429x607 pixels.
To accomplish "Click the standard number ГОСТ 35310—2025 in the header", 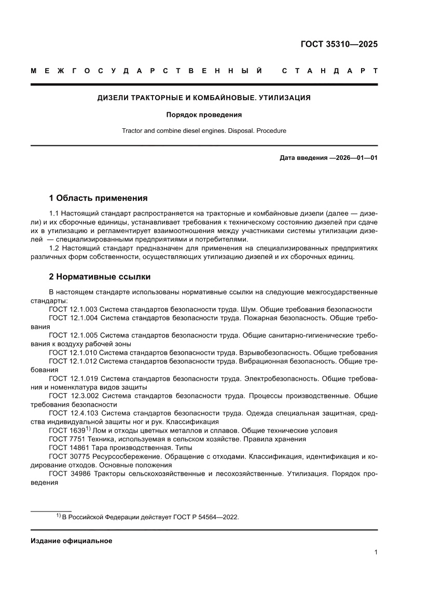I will pos(339,44).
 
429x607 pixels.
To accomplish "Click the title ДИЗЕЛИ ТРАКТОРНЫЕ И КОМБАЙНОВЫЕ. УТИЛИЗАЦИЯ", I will pos(204,97).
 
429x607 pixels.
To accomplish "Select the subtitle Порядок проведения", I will pos(204,115).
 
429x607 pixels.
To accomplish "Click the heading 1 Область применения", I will pos(98,198).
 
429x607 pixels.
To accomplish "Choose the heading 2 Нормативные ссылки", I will pos(100,277).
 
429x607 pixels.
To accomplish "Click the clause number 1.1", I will pos(54,213).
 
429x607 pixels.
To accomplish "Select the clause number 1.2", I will pos(54,248).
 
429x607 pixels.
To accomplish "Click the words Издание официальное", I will pos(72,541).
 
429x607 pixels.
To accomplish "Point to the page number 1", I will pos(375,552).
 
